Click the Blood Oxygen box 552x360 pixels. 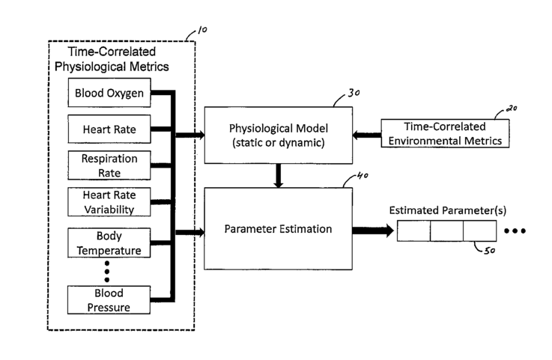(109, 93)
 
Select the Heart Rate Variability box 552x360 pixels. (109, 202)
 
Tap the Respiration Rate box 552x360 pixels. (109, 165)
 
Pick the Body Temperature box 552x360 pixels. (109, 242)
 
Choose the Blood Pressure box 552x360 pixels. (109, 300)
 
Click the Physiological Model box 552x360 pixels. (279, 135)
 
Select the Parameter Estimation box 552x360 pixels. (278, 229)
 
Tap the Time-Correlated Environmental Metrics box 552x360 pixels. (445, 133)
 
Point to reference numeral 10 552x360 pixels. (202, 30)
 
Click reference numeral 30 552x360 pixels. (354, 93)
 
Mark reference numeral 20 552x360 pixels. (512, 109)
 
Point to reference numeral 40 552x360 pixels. (363, 175)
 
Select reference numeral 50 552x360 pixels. (490, 251)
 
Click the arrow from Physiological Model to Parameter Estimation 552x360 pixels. (279, 176)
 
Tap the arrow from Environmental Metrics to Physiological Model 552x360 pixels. (367, 135)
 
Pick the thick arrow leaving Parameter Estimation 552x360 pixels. (373, 231)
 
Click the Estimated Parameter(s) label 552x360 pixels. (447, 210)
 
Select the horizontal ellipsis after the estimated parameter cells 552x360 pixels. (515, 231)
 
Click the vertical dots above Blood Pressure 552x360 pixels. (107, 272)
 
